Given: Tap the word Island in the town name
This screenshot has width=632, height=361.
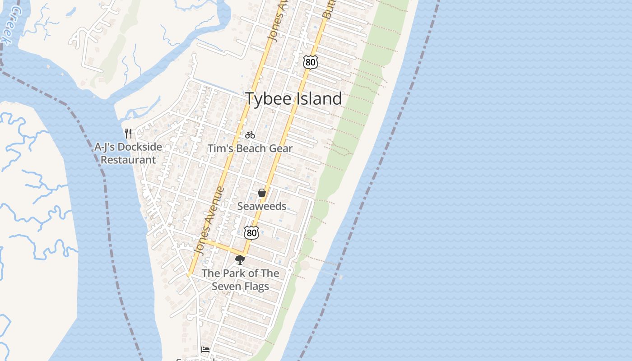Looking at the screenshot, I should [319, 99].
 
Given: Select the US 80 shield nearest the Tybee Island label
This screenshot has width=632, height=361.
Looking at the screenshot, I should [311, 62].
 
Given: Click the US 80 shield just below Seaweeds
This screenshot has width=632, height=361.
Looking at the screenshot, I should [251, 233].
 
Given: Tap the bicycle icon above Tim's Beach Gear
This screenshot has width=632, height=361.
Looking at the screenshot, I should [250, 135].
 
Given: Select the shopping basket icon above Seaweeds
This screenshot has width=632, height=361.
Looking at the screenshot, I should [261, 193].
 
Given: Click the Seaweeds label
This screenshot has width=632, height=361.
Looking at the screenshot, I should [262, 206].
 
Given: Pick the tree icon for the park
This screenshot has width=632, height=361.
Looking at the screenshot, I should [240, 259].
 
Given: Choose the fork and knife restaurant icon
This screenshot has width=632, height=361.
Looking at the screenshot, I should [128, 133].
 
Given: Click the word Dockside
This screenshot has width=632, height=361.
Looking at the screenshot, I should [140, 147].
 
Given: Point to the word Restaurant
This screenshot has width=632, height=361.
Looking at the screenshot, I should [128, 160].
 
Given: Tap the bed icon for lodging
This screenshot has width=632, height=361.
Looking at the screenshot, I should [205, 349].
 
